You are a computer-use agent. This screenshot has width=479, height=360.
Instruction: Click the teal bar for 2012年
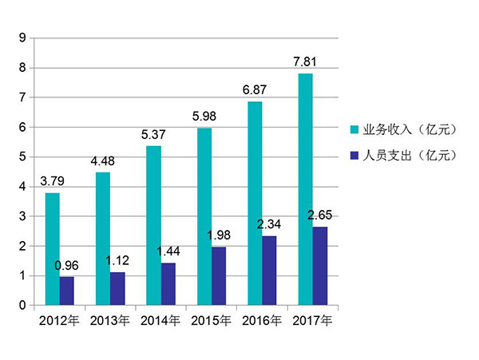[53, 249]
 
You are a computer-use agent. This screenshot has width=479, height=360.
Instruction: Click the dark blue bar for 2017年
[319, 266]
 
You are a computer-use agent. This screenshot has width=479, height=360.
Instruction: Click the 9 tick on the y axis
[22, 38]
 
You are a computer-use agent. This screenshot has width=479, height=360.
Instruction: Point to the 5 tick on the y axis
[22, 156]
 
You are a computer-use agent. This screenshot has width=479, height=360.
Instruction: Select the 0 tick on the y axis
[22, 306]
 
